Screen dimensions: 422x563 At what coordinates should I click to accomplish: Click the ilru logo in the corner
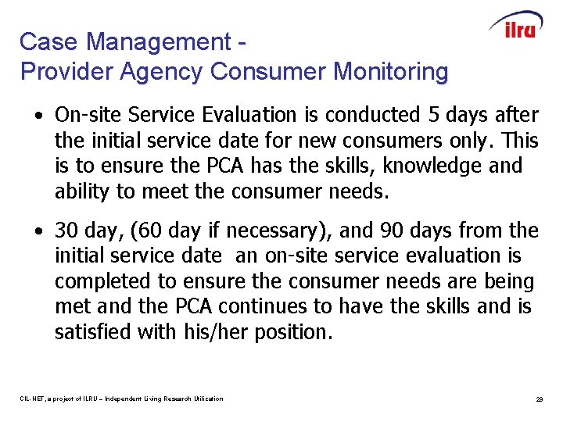tap(516, 27)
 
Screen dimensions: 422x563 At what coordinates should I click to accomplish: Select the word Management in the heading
tap(149, 41)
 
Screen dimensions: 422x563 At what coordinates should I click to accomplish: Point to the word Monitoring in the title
tap(390, 72)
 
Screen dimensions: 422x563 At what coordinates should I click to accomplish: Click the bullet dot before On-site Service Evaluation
tap(38, 116)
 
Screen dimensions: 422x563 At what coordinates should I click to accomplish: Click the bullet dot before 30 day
tap(38, 231)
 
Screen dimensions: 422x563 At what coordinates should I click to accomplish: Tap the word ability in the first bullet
tap(79, 191)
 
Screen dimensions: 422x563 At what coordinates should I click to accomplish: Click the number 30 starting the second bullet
tap(66, 231)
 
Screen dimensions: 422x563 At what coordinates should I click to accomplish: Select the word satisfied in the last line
tap(92, 332)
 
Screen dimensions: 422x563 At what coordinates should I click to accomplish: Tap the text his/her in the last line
tap(221, 332)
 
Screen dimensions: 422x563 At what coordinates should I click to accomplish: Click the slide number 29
tap(539, 399)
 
